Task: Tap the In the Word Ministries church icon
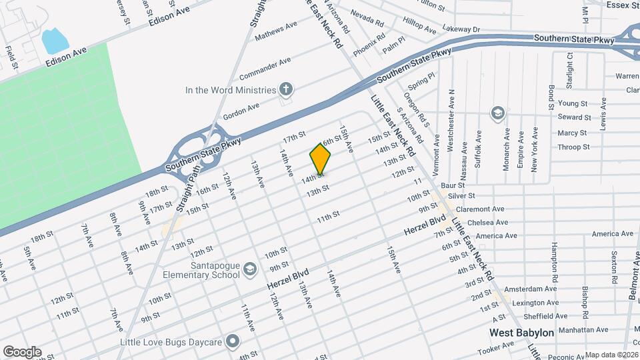(x=286, y=89)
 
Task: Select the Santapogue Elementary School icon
(x=250, y=269)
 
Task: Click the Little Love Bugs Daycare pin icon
(x=233, y=342)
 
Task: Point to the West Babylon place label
(x=521, y=332)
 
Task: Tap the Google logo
(x=21, y=352)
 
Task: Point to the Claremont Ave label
(x=483, y=209)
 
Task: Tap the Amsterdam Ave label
(x=530, y=290)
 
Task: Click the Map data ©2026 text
(x=611, y=355)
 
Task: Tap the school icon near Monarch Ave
(x=497, y=112)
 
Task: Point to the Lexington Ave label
(x=539, y=303)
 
